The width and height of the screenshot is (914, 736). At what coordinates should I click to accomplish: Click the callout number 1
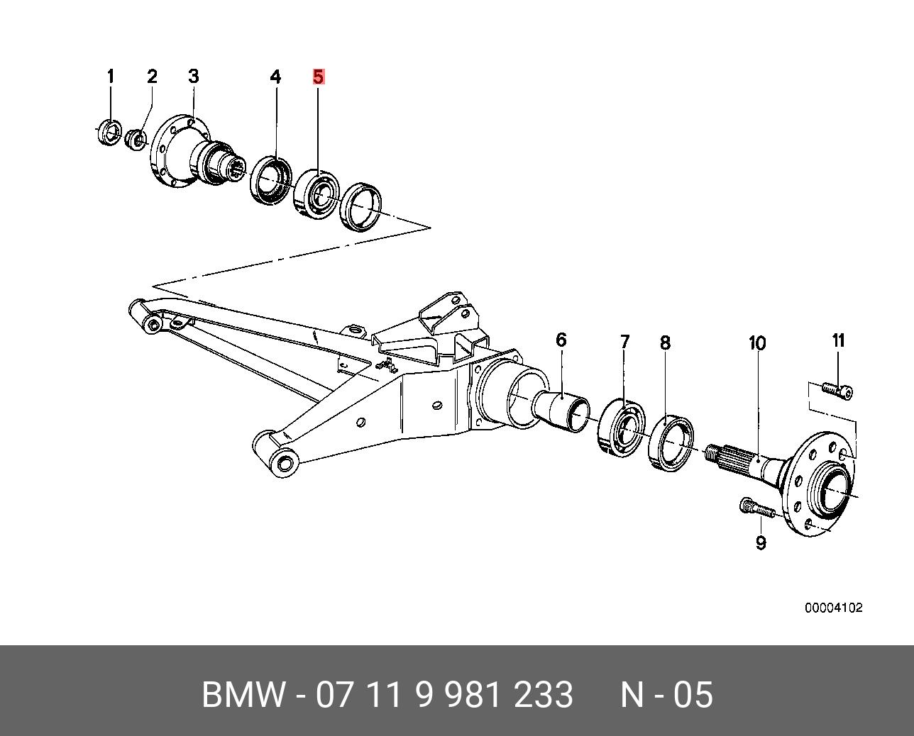pos(111,77)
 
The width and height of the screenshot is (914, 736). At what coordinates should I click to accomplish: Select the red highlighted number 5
pos(318,77)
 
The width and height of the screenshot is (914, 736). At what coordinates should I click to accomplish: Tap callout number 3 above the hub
pos(193,77)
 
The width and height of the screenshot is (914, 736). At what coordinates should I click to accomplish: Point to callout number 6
pos(561,340)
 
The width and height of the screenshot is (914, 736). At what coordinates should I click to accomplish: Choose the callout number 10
pos(757,343)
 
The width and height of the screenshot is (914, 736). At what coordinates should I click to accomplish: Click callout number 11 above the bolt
pos(838,341)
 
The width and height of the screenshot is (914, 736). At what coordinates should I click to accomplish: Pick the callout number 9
pos(761,543)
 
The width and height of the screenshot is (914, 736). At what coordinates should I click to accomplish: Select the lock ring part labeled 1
pos(111,132)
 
